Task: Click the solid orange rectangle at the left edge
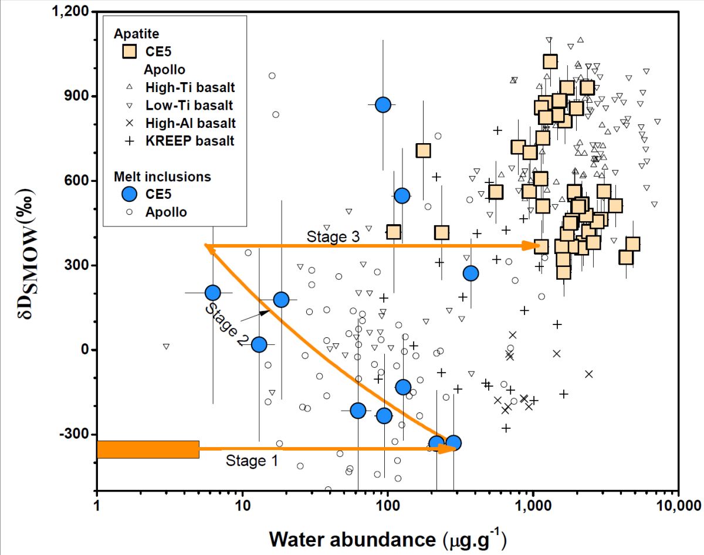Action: [148, 449]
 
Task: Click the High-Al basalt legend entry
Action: [190, 123]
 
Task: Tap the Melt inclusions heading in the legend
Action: [163, 177]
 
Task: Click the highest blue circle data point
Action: [383, 105]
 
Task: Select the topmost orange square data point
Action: [550, 62]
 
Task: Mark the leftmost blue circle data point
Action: [212, 292]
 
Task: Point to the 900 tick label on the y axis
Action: [80, 96]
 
